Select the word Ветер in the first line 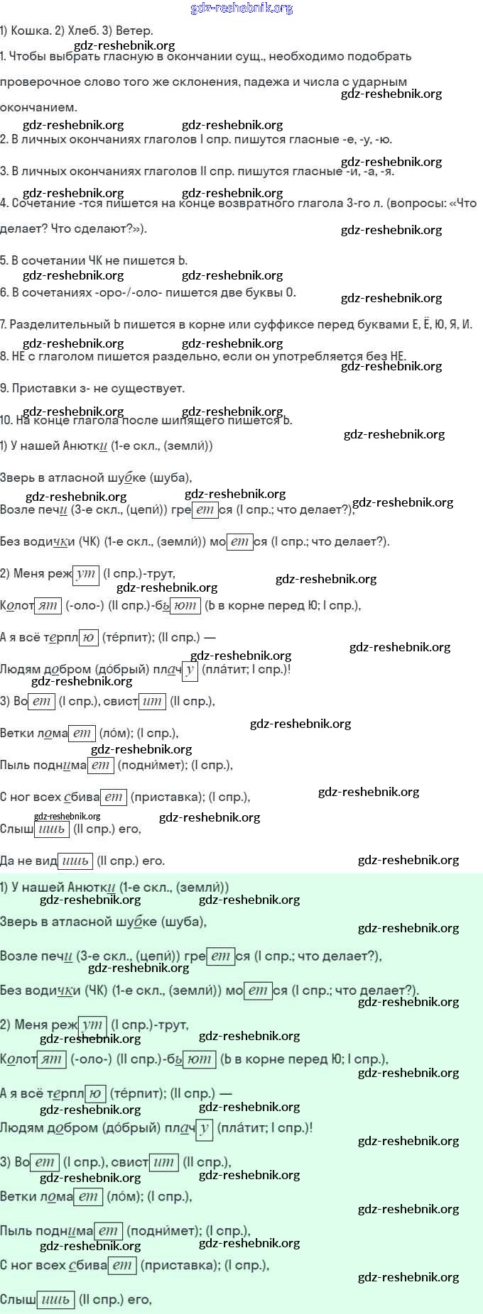(x=134, y=31)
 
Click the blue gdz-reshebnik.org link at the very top (x=241, y=8)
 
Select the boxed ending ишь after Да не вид (x=75, y=861)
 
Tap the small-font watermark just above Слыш (x=67, y=816)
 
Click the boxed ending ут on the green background (x=92, y=1025)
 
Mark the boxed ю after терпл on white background (x=88, y=637)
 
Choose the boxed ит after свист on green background (x=163, y=1162)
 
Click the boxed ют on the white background (x=185, y=605)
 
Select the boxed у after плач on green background (x=204, y=1128)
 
